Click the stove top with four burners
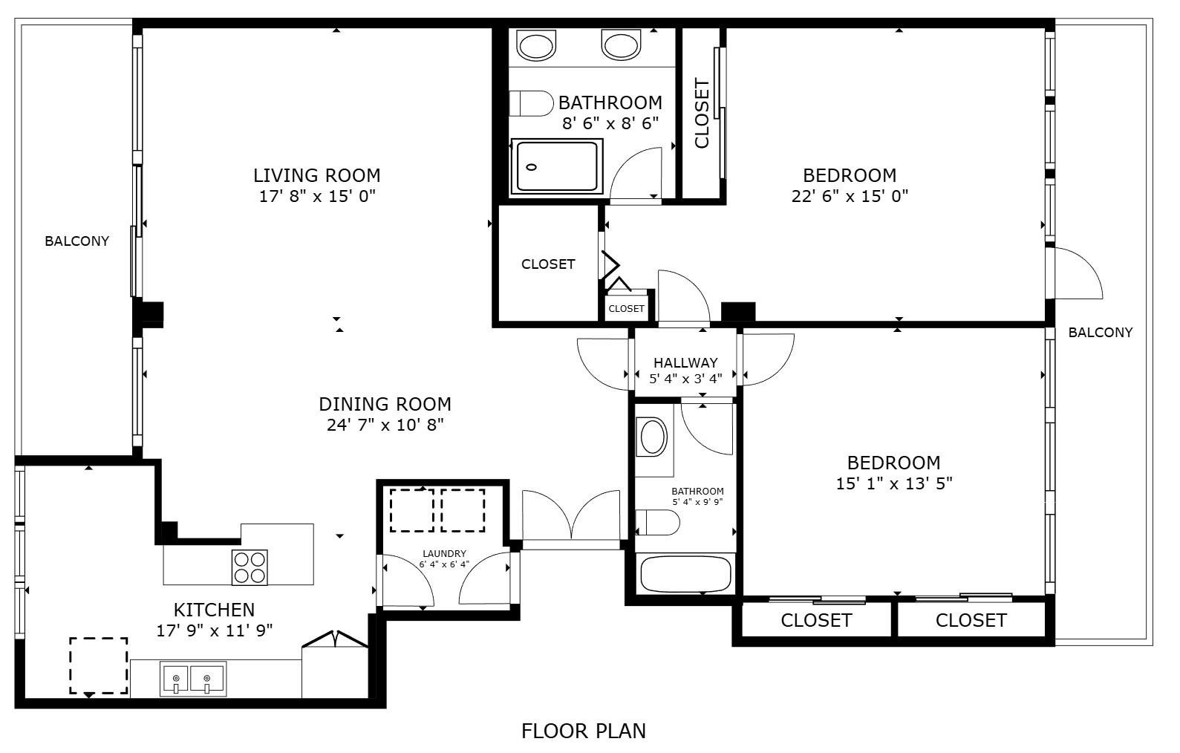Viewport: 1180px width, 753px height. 250,567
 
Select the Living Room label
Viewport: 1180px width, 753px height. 317,176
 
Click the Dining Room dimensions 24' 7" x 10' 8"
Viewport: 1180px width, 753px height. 385,425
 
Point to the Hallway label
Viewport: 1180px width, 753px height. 685,363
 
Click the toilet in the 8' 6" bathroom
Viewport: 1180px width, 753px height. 531,103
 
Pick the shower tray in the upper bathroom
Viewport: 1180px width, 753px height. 557,167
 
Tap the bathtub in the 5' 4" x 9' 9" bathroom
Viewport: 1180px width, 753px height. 685,574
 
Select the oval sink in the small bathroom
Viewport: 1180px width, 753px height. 653,437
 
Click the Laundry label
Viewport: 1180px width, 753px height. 444,553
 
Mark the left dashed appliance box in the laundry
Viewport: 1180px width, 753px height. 412,510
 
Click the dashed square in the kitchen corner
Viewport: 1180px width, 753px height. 99,665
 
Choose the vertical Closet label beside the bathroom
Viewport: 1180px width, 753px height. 702,114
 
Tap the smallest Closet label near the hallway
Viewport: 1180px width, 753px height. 626,308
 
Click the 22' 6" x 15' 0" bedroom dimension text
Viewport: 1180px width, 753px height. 850,196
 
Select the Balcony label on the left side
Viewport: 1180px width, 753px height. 76,241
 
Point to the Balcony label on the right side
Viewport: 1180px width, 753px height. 1100,333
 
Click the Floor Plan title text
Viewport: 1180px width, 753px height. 583,731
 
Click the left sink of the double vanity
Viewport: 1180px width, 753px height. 536,45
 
